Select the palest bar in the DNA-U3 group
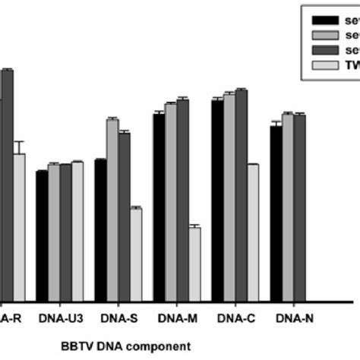pos(77,232)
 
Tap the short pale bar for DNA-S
pos(136,255)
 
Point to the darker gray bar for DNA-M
pos(182,201)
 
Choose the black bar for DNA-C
pos(217,201)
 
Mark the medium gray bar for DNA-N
pos(288,209)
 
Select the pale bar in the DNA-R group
pos(19,228)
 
